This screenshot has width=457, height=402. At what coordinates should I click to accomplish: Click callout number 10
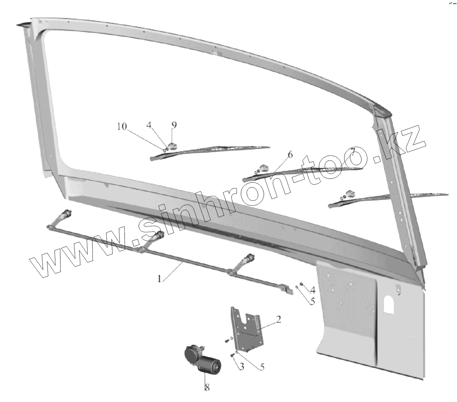[x=122, y=127]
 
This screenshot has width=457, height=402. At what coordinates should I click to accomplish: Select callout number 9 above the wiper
[x=174, y=125]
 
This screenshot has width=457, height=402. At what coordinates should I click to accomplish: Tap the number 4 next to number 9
[x=149, y=125]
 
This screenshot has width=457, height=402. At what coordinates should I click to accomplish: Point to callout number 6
[x=290, y=154]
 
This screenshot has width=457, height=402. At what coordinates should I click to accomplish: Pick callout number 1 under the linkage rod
[x=160, y=279]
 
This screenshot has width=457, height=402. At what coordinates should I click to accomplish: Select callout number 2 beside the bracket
[x=278, y=319]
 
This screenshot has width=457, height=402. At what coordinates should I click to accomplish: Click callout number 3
[x=241, y=366]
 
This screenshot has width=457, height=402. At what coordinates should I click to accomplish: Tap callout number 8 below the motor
[x=207, y=388]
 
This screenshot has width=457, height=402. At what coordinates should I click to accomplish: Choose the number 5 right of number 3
[x=262, y=366]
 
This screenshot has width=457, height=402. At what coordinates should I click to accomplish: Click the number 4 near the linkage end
[x=312, y=289]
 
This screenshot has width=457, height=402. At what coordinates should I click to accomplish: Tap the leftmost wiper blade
[x=208, y=152]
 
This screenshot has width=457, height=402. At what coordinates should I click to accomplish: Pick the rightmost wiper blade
[x=388, y=198]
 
